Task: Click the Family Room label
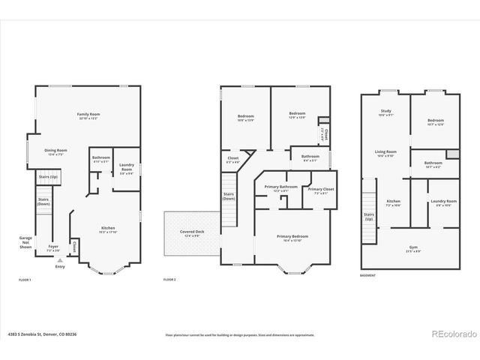point(88,116)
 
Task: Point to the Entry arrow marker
point(59,259)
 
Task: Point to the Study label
point(385,112)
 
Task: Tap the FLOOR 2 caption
point(169,280)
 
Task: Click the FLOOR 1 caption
point(25,280)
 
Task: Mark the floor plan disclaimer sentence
point(240,334)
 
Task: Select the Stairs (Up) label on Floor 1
point(49,178)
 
